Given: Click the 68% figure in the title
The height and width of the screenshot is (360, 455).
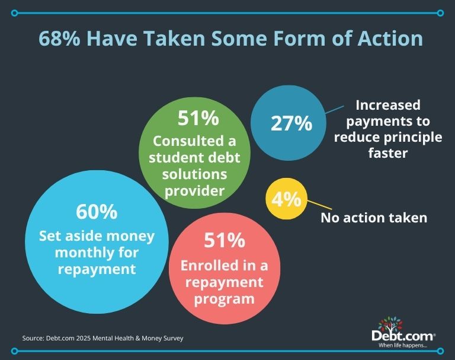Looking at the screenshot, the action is click(59, 39).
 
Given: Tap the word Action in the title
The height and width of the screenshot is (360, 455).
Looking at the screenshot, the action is click(390, 39).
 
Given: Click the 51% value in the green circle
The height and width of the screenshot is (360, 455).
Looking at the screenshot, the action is click(198, 118).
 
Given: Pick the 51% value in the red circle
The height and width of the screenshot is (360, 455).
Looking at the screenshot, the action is click(225, 240).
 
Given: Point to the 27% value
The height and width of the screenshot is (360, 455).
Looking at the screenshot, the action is click(291, 123).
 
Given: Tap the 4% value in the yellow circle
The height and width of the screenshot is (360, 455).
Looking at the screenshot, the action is click(286, 199).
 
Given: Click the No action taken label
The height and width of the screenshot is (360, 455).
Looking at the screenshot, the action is click(374, 218).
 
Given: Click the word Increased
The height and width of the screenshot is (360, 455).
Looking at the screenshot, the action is click(388, 105).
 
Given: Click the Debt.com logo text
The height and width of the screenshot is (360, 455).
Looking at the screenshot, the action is click(403, 336).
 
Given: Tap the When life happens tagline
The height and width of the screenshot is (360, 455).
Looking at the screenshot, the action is click(403, 346).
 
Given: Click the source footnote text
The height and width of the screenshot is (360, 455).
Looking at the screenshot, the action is click(102, 338).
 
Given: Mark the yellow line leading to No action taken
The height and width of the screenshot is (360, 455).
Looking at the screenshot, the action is click(319, 205).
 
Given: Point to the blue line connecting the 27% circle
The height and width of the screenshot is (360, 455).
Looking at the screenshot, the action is click(335, 110).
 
